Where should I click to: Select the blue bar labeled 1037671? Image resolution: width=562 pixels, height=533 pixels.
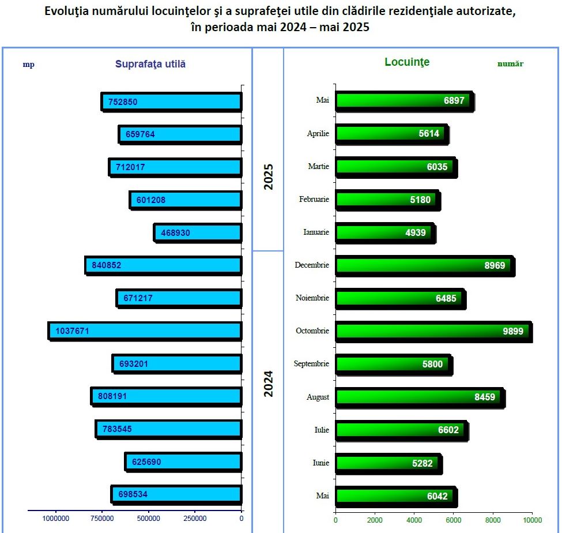tap(145, 331)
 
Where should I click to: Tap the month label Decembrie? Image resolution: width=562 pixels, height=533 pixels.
tap(312, 265)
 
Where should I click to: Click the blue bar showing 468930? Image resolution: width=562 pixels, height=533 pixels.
tap(198, 232)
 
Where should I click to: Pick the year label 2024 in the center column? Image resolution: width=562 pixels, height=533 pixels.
tap(269, 383)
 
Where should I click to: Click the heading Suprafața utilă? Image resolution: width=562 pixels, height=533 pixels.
tap(150, 64)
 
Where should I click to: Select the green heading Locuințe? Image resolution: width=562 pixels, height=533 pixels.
tap(407, 62)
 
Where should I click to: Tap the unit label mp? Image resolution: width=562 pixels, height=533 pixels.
tap(28, 65)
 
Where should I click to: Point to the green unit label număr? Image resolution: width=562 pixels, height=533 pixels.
tap(510, 64)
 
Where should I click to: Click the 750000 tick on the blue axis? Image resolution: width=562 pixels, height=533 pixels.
tap(102, 519)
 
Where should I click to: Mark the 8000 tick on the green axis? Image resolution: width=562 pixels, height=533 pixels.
tap(493, 519)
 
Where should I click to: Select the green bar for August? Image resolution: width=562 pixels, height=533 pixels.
tap(420, 397)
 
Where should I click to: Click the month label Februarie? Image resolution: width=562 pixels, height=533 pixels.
tap(314, 200)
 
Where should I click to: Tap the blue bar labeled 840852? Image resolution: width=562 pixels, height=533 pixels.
tap(163, 265)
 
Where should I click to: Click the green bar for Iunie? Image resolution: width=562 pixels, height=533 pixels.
tap(387, 463)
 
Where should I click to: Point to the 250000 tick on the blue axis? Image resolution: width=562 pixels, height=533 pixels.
tap(195, 519)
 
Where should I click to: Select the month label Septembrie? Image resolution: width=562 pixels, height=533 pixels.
tap(311, 364)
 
